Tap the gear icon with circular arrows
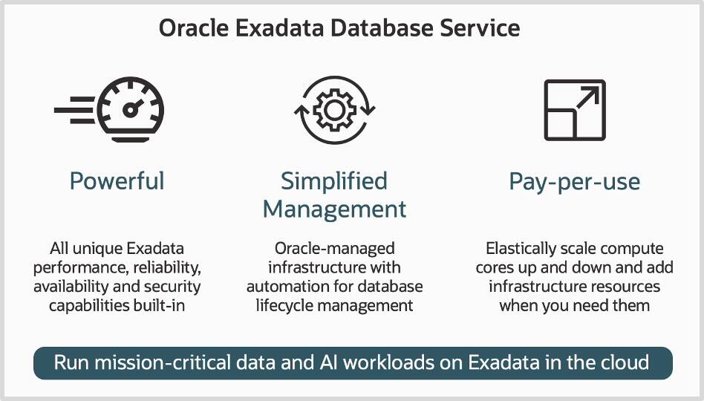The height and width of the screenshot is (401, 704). coord(334,111)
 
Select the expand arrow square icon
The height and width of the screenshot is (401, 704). coord(574,110)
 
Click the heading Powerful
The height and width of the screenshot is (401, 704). coord(117,180)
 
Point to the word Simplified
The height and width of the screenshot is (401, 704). coord(334,180)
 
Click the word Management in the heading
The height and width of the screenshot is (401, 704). coord(334,209)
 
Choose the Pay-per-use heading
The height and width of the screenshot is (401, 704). coord(574,180)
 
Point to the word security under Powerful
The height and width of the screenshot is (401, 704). coord(172,286)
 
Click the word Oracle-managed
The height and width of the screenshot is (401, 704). coord(334,248)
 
